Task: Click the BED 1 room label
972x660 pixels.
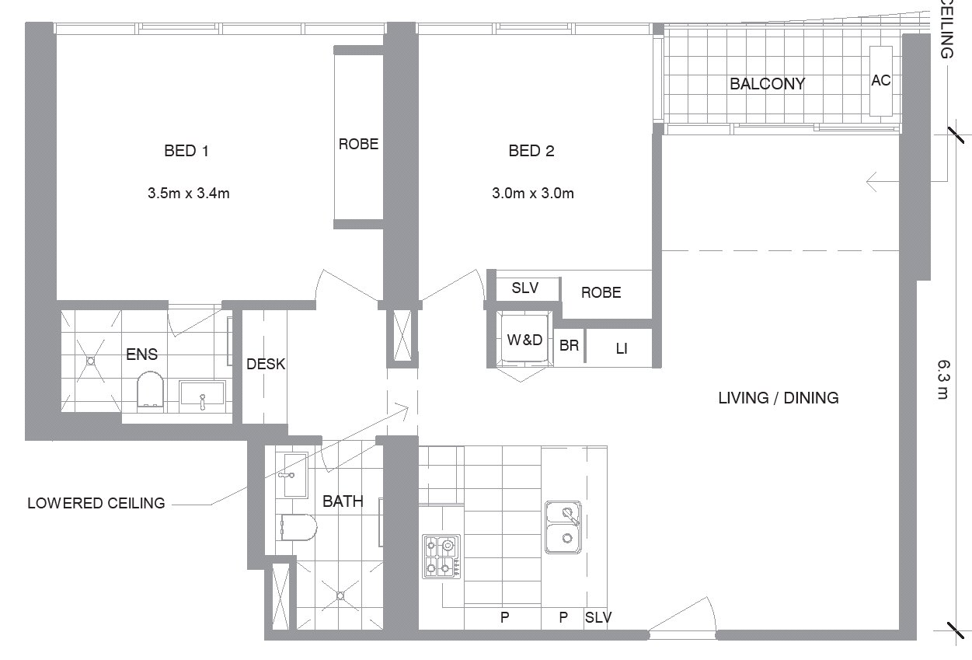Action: (x=186, y=151)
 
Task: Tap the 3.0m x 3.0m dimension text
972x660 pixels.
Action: (x=533, y=193)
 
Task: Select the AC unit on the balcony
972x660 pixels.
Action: (x=881, y=81)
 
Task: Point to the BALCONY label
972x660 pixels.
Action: (x=767, y=84)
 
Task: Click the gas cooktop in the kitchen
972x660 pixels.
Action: (x=442, y=557)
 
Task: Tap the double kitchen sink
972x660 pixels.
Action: (x=563, y=527)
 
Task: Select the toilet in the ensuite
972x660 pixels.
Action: (x=150, y=389)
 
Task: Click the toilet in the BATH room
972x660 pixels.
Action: (x=298, y=527)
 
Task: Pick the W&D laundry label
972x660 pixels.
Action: (x=524, y=340)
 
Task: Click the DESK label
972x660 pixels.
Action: (x=266, y=364)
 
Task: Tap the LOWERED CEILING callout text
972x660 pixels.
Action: (x=96, y=503)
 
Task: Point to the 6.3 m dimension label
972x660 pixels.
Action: (x=943, y=379)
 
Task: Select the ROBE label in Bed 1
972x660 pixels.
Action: (x=358, y=144)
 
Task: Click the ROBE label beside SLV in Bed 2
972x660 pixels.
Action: (x=601, y=292)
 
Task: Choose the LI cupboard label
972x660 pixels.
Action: (x=622, y=348)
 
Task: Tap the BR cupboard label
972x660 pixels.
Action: (x=569, y=345)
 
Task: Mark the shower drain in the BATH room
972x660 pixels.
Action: (x=340, y=595)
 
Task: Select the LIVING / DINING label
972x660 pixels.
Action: (x=779, y=398)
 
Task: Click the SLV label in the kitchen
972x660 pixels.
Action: (x=598, y=617)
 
